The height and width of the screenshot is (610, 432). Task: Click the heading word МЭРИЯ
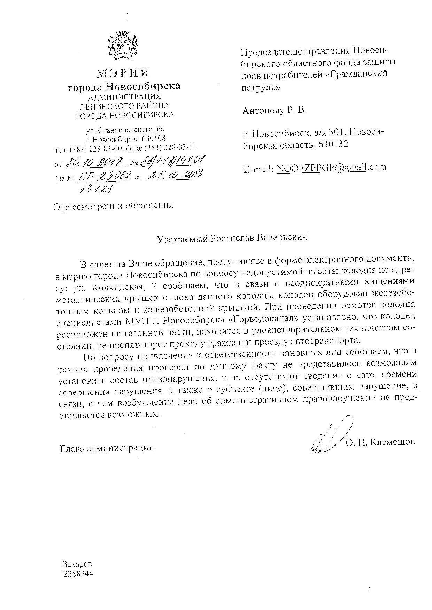[x=123, y=73]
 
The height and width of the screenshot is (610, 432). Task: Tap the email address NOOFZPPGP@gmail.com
[x=331, y=168]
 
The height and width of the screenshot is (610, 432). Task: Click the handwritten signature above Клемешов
[x=329, y=435]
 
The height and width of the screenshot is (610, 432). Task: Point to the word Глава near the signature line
[x=72, y=448]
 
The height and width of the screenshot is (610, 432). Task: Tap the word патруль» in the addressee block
[x=261, y=88]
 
